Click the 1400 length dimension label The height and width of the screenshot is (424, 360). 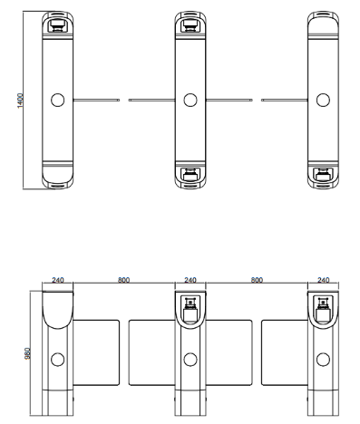(20, 101)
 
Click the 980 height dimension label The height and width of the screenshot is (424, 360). (27, 353)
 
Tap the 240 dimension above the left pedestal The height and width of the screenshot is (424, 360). (58, 280)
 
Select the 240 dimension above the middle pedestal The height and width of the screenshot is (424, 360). (190, 280)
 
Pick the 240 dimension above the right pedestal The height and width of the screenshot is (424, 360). (323, 280)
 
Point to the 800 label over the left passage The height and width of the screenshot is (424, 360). (123, 280)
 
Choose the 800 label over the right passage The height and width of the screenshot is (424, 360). (257, 280)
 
